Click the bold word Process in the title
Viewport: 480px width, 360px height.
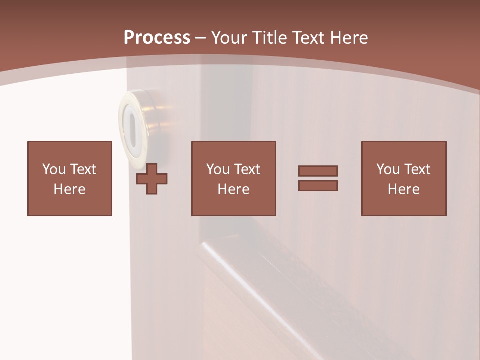[157, 38]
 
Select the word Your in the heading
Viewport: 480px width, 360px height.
[228, 38]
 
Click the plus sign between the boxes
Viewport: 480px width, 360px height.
[152, 179]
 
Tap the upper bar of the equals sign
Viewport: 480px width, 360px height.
[318, 171]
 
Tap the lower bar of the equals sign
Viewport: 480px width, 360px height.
[318, 185]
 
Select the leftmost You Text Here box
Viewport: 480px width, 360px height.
[69, 178]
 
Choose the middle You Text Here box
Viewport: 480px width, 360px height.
[233, 178]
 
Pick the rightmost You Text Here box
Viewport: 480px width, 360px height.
[403, 178]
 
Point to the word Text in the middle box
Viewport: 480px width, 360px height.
[247, 169]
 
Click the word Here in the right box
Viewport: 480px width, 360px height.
[403, 189]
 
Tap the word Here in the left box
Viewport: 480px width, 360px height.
[69, 189]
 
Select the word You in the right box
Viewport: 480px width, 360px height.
[388, 169]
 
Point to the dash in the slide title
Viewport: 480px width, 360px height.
[200, 38]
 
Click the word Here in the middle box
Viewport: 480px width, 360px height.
[233, 189]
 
